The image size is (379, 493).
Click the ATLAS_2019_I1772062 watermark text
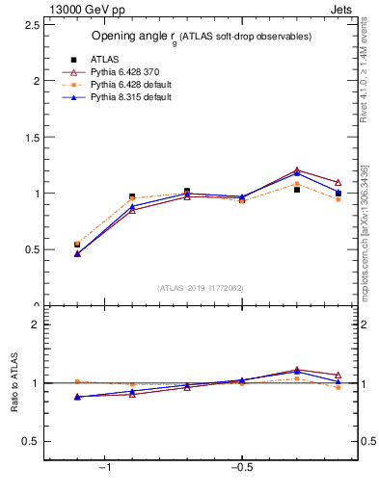point(201,288)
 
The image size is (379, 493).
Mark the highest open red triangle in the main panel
point(297,170)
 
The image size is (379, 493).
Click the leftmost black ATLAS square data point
point(77,245)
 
